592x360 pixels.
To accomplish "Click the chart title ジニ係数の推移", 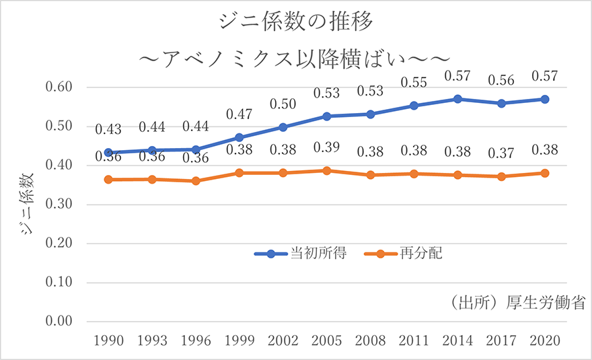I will [296, 22].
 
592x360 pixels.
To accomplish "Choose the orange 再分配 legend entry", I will [403, 254].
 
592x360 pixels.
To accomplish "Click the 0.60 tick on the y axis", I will [59, 87].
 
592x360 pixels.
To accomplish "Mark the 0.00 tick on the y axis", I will [59, 322].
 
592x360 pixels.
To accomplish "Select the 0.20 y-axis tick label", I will [59, 244].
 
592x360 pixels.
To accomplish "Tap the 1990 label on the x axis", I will [108, 340].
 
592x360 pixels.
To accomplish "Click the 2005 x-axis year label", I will [327, 340].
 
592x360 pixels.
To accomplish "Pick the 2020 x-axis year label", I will [545, 340].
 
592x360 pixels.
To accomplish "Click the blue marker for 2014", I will [458, 99].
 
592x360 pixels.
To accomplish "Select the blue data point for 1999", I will [239, 137].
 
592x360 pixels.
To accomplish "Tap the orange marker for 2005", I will [327, 171].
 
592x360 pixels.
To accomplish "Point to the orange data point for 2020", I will [545, 173].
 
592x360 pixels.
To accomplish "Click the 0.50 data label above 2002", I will [283, 104].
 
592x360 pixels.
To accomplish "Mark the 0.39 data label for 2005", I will [327, 147].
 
